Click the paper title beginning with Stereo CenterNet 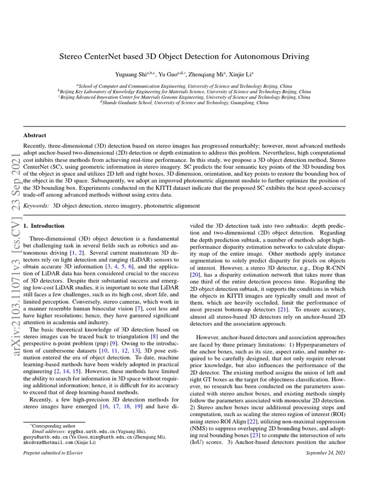[x=184, y=56]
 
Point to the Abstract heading [x=35, y=135]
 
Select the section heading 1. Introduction [x=44, y=225]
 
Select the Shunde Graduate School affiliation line [x=184, y=102]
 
